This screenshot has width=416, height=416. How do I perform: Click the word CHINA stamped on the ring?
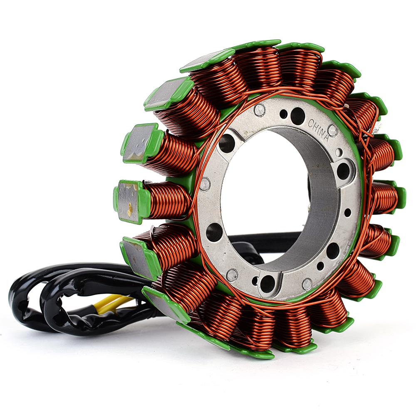[x=318, y=130]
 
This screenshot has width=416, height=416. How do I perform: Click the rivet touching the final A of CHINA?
[x=332, y=130]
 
